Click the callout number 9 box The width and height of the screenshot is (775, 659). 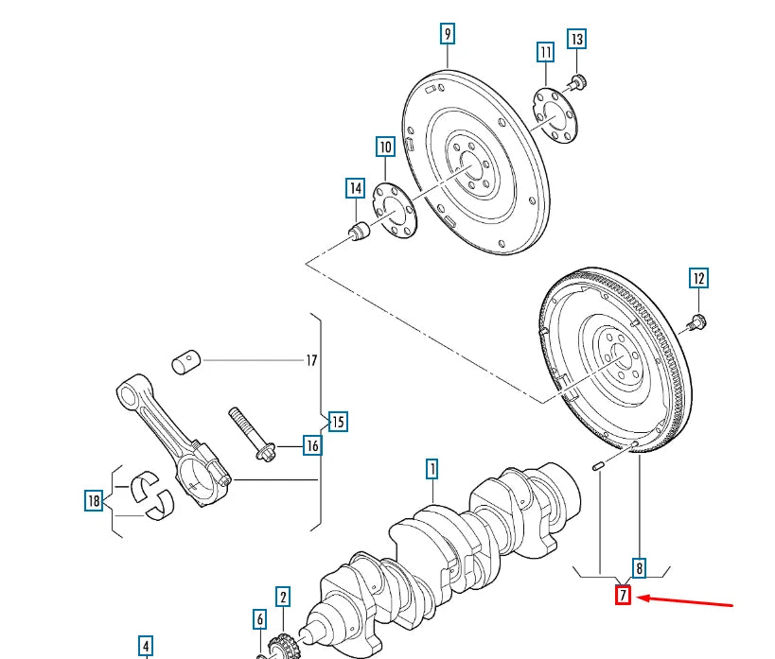(448, 35)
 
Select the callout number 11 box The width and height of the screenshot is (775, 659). (545, 51)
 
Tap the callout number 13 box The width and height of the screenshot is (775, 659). (576, 39)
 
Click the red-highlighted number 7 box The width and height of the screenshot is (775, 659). (623, 596)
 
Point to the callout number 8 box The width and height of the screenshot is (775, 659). (640, 567)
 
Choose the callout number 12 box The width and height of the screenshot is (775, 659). (698, 278)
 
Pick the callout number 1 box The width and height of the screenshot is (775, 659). (432, 468)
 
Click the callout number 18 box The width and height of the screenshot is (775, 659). (93, 501)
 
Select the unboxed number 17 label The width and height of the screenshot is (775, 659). (311, 360)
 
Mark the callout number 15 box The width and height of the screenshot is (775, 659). (337, 421)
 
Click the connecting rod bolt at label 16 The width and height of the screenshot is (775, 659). (250, 434)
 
